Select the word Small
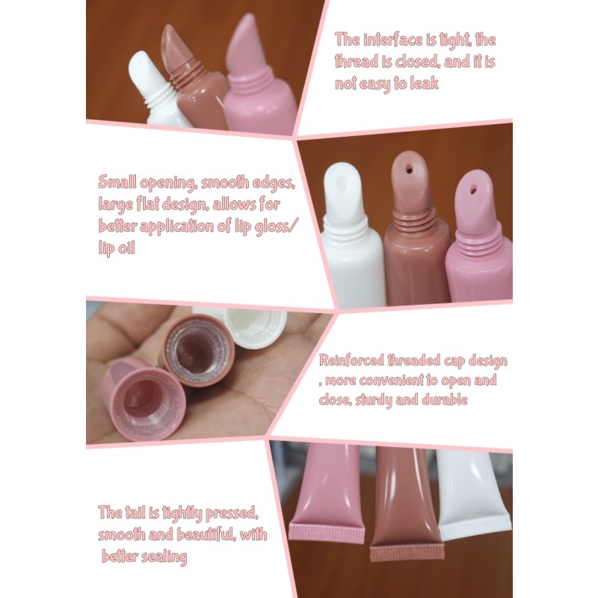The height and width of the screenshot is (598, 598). click(117, 182)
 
